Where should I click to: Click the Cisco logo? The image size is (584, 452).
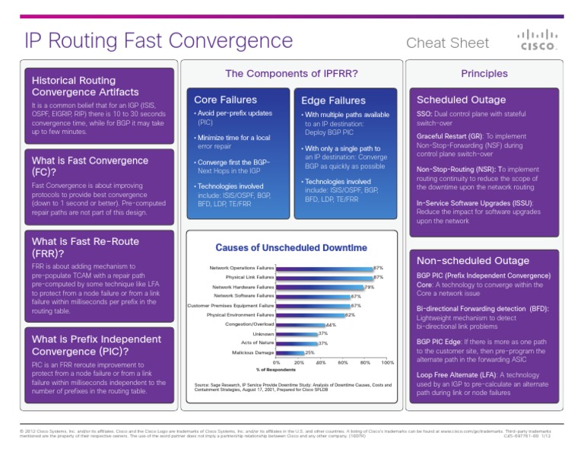pos(537,40)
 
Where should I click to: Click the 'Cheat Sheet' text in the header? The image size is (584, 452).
pos(447,43)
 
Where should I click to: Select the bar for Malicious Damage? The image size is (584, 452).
pos(290,353)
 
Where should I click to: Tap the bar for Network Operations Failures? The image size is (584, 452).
pos(324,268)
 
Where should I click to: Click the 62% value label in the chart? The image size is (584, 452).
pos(351,315)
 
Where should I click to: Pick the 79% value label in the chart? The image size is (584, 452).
pos(370,287)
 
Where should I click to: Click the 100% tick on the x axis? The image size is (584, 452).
pos(388,363)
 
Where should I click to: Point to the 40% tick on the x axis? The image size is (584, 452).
pos(321,363)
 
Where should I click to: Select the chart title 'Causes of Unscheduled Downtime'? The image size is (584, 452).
pos(291,247)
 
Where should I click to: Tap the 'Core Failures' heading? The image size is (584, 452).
pos(225,100)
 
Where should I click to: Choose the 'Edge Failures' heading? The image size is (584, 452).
pos(333,100)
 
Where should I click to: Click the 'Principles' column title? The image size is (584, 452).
pos(484,74)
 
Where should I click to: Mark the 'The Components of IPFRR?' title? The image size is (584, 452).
pos(291,73)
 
